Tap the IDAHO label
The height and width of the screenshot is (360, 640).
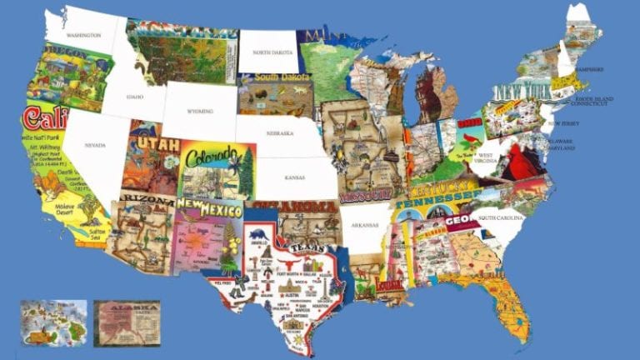(136, 96)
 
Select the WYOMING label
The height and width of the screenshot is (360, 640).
(200, 111)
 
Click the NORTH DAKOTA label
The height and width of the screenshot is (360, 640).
(273, 52)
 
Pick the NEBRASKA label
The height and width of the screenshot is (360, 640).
(281, 133)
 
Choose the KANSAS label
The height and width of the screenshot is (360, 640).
(294, 177)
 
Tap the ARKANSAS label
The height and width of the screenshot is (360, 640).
(365, 224)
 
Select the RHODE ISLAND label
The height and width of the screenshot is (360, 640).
(594, 98)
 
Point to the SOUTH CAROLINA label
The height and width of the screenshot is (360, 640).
(500, 217)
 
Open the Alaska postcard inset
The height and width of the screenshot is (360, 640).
(127, 322)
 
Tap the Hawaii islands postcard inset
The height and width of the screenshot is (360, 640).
(53, 322)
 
